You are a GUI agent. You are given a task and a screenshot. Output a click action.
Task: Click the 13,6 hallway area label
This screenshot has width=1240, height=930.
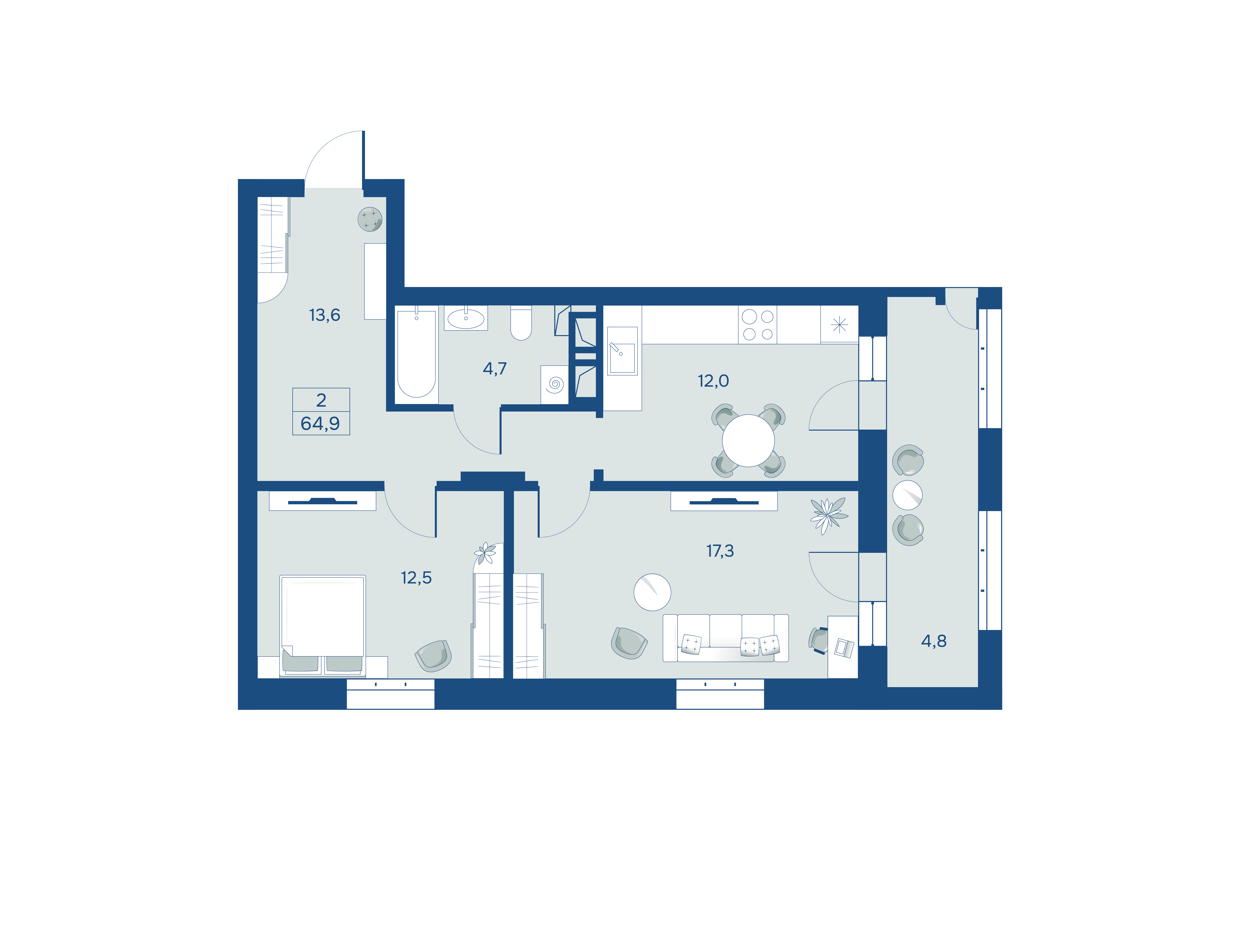pos(325,315)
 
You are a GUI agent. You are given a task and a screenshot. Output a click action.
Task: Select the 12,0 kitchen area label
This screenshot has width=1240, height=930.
pos(713,381)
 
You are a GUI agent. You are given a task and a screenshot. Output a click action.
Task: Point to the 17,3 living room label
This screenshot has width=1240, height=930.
pos(720,551)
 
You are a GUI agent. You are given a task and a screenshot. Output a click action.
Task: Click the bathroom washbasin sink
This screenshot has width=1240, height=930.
pos(466,318)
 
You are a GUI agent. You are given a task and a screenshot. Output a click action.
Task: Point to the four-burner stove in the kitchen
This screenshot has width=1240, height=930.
pos(757,325)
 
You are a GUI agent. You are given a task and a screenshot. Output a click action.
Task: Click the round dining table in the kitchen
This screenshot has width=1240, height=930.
pos(748,441)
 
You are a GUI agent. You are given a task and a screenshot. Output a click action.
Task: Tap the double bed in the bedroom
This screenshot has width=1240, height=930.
pos(322,625)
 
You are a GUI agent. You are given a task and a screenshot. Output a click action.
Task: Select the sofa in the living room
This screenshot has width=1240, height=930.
pos(725,638)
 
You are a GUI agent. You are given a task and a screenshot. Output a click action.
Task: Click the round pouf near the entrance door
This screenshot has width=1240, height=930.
pos(370,219)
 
